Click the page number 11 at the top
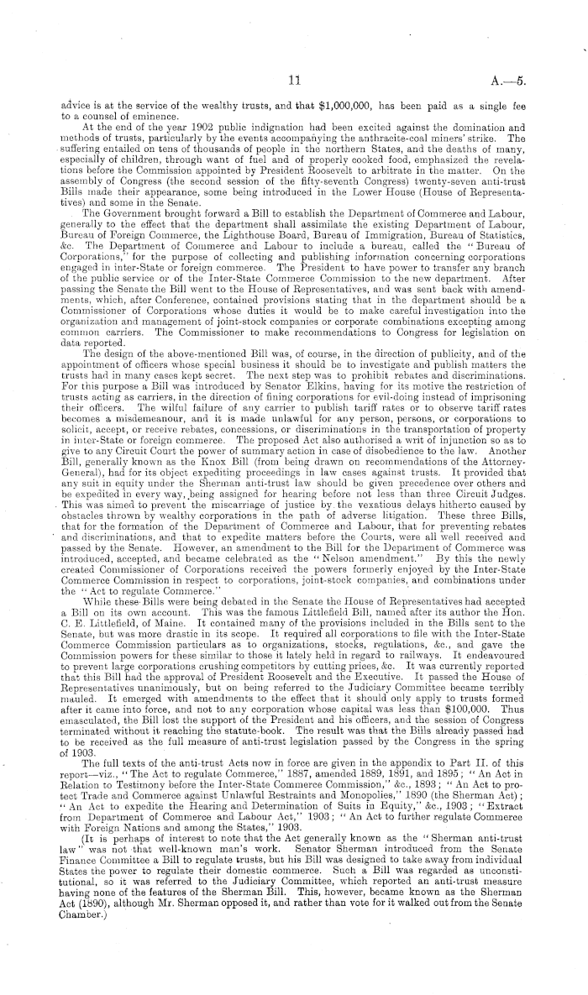click(x=293, y=81)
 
